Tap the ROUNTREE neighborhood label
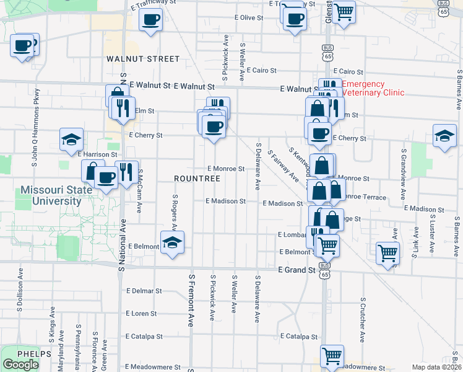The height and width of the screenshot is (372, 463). (x=197, y=179)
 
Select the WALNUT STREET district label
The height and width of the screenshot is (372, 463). (x=143, y=59)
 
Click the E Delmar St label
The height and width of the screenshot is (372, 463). (x=144, y=290)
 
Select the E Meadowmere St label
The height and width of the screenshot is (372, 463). (x=152, y=367)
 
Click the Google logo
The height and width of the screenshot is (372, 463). (x=20, y=365)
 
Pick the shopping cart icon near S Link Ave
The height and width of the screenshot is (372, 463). (x=387, y=253)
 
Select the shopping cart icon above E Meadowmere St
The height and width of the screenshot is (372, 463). (x=332, y=356)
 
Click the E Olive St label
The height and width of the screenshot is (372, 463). (x=249, y=17)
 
